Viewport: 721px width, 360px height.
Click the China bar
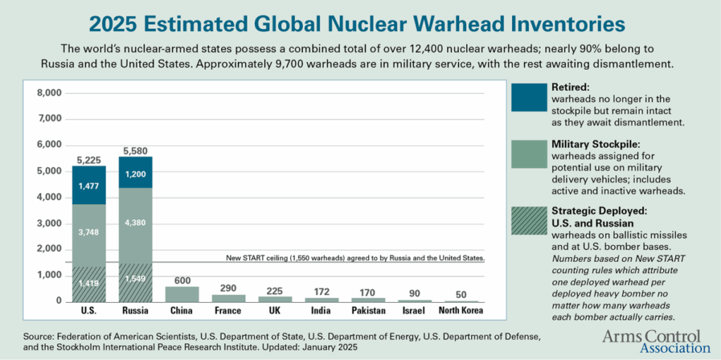coord(182,293)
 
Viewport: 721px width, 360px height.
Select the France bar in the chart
coord(228,298)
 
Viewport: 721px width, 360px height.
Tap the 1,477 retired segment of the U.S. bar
coord(89,185)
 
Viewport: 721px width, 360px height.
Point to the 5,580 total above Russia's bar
coord(136,150)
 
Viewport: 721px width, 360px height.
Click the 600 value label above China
coord(182,280)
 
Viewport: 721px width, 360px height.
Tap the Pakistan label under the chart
coord(368,311)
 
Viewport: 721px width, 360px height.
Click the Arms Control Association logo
coord(656,340)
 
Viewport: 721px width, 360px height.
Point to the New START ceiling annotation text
coord(355,258)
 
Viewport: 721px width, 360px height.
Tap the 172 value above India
coord(321,290)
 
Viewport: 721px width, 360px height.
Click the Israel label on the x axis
coord(413,311)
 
